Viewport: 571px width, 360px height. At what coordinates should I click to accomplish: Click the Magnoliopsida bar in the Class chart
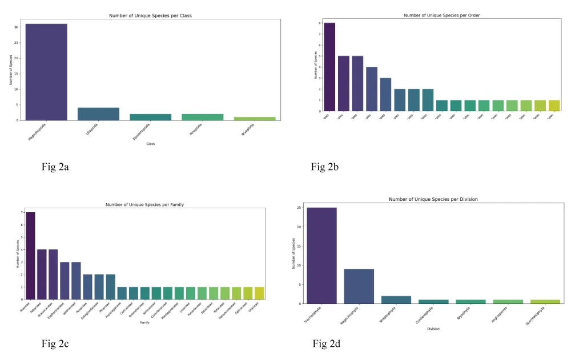pyautogui.click(x=46, y=72)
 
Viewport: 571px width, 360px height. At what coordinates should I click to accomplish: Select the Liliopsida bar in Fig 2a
pyautogui.click(x=98, y=114)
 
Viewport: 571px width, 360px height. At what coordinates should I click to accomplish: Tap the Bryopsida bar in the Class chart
pyautogui.click(x=254, y=119)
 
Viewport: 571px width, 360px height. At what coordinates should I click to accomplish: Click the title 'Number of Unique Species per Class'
pyautogui.click(x=150, y=15)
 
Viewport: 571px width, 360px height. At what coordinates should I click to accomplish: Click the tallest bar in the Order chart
pyautogui.click(x=329, y=67)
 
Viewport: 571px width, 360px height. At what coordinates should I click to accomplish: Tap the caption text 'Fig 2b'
pyautogui.click(x=325, y=167)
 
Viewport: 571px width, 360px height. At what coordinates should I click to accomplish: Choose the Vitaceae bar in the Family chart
pyautogui.click(x=260, y=293)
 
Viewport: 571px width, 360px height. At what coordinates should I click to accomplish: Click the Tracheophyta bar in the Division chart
pyautogui.click(x=321, y=256)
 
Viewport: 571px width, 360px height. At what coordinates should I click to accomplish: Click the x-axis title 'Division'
pyautogui.click(x=433, y=328)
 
